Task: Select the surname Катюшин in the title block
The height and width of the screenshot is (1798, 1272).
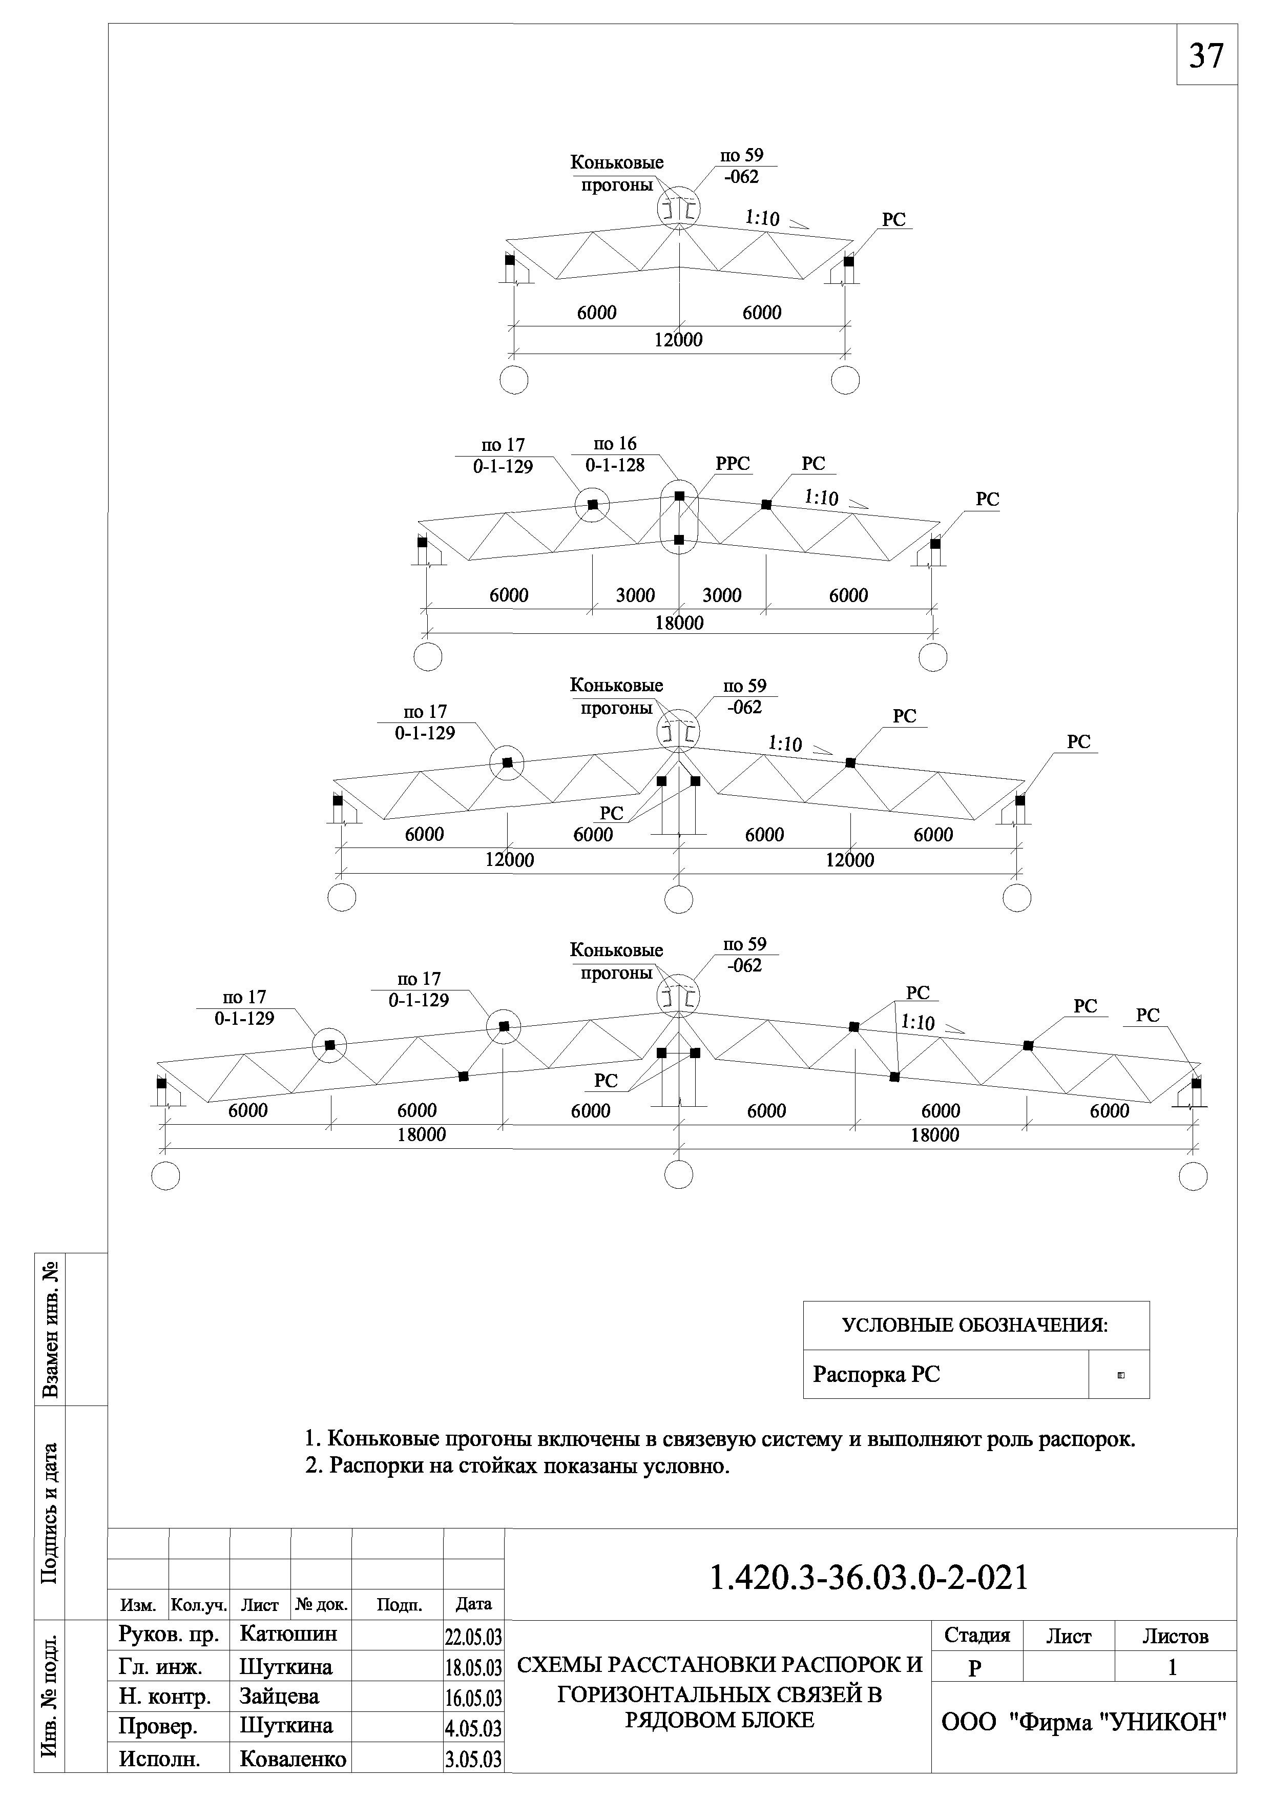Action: click(288, 1634)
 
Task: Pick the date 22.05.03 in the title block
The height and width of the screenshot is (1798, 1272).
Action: click(473, 1637)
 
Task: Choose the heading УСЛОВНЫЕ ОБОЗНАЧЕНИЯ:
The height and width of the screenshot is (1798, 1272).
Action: click(975, 1325)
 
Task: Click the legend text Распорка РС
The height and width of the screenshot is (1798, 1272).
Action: click(875, 1374)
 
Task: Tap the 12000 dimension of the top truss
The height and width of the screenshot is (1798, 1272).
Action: click(678, 340)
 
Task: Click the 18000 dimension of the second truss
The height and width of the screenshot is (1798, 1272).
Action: click(679, 623)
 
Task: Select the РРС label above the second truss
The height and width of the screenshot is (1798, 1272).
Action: click(733, 464)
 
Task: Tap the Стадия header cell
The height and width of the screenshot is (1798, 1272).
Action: click(977, 1636)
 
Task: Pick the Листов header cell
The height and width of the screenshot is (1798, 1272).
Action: click(1175, 1637)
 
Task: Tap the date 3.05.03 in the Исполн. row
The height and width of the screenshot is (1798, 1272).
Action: click(473, 1759)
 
